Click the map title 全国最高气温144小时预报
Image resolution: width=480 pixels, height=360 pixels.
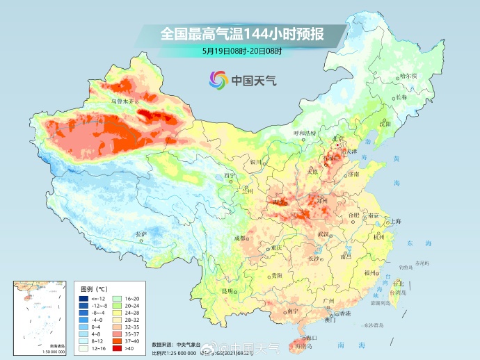point(241,33)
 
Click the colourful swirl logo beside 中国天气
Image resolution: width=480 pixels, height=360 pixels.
point(218,80)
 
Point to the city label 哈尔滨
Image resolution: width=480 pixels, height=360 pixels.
point(408,75)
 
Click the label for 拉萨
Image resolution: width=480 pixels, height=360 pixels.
point(141,234)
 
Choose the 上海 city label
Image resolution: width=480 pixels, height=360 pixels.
point(395,221)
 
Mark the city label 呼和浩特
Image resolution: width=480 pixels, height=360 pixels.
point(304,132)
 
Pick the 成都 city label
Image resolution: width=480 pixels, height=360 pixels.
point(241,238)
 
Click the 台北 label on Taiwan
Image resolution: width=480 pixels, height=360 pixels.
point(399,284)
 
